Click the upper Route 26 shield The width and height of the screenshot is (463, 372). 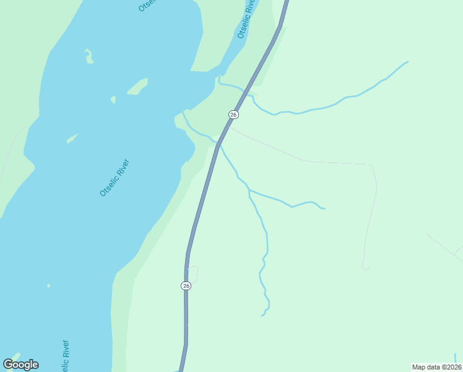click(233, 115)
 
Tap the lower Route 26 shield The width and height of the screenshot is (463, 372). click(186, 285)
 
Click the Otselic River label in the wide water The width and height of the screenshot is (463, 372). click(115, 178)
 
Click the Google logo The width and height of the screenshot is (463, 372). click(20, 364)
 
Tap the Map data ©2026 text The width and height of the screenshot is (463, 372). click(436, 367)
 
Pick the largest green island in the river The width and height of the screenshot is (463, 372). click(138, 86)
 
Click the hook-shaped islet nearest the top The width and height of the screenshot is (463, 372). click(89, 56)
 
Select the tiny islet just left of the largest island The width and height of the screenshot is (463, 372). click(113, 99)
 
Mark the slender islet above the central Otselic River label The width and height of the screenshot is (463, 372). click(72, 138)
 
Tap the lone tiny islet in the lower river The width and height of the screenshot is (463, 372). click(48, 286)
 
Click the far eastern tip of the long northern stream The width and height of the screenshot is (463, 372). click(407, 62)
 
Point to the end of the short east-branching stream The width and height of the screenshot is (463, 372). click(324, 208)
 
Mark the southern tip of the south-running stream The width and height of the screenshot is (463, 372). click(262, 316)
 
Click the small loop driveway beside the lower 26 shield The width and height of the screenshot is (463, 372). click(193, 273)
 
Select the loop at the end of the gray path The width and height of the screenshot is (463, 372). click(366, 267)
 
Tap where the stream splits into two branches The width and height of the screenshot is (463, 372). click(249, 190)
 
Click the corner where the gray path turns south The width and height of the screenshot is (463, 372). click(371, 165)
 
